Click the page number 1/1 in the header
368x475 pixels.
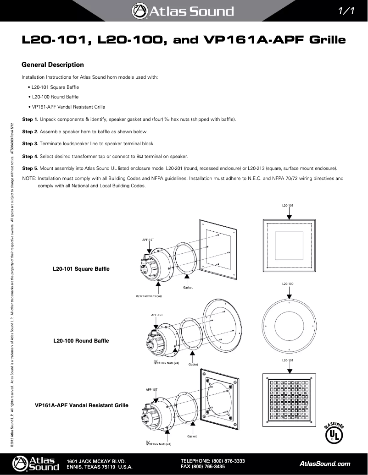click(x=345, y=11)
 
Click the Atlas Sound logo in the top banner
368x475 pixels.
click(x=183, y=11)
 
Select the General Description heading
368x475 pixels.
click(x=53, y=65)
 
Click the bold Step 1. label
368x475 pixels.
click(x=30, y=120)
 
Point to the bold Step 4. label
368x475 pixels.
click(x=30, y=156)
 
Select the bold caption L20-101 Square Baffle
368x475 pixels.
click(x=81, y=268)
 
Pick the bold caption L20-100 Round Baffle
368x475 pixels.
click(x=81, y=341)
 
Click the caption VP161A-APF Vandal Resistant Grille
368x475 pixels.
click(x=82, y=405)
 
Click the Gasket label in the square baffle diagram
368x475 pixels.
click(x=188, y=287)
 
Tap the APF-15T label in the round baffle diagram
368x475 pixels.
click(x=157, y=315)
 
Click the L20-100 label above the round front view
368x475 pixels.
click(x=288, y=284)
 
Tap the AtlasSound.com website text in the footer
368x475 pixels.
click(x=324, y=464)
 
